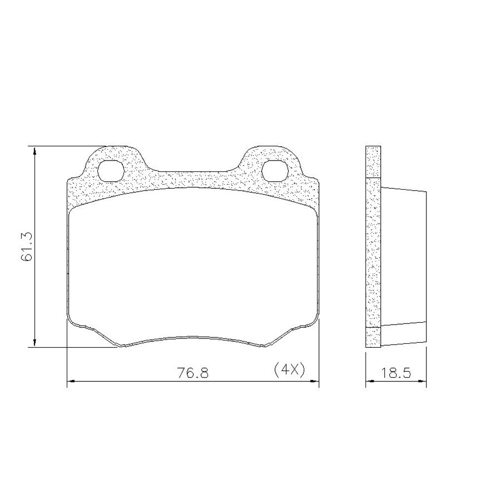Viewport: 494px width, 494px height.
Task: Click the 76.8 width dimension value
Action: pos(193,372)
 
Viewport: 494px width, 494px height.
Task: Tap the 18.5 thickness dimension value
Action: pos(396,373)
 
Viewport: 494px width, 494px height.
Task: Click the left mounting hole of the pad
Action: pos(111,171)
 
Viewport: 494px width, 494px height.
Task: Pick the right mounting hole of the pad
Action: pos(275,171)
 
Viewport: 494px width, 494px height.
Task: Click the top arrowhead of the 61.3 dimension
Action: pos(35,151)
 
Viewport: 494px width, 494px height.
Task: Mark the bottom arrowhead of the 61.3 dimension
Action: pos(35,343)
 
